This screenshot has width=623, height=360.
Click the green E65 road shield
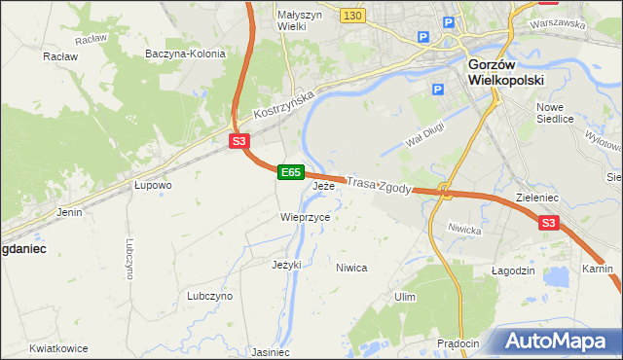(x=289, y=172)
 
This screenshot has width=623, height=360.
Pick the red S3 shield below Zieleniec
(x=549, y=223)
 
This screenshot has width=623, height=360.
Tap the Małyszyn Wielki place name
(x=278, y=20)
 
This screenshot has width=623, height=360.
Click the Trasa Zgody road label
(x=381, y=184)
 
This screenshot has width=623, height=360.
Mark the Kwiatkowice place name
(x=58, y=348)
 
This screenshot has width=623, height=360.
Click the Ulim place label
(x=405, y=296)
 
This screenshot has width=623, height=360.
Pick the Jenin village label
(x=69, y=211)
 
